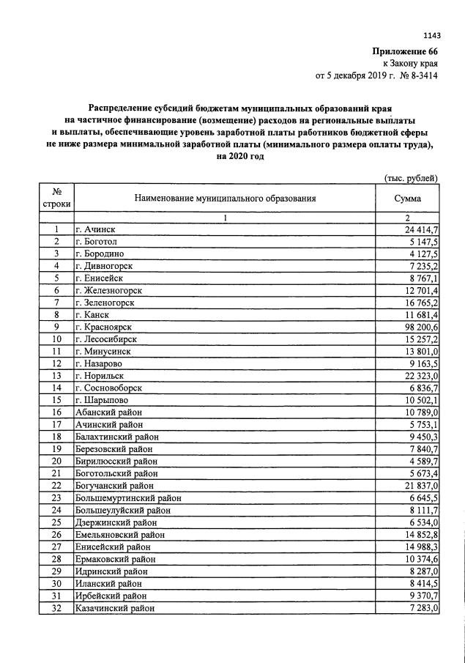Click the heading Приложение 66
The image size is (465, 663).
click(x=406, y=51)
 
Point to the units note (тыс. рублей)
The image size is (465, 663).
click(x=412, y=178)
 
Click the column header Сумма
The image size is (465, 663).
click(x=407, y=199)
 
